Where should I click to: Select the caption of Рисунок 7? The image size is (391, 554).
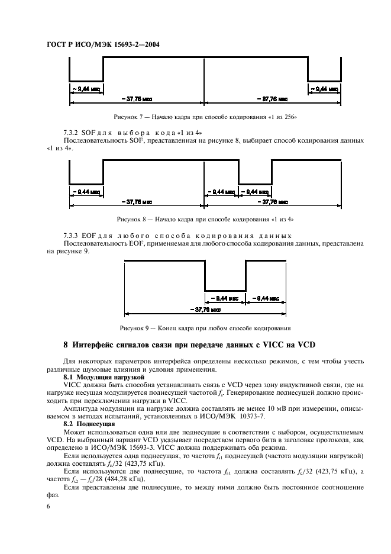click(x=206, y=117)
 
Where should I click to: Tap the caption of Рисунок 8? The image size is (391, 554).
click(x=205, y=219)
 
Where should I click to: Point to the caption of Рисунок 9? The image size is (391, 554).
click(x=205, y=327)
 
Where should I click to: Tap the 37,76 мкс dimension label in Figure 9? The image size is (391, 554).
click(x=206, y=309)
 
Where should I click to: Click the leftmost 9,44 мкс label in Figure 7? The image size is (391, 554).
click(x=86, y=89)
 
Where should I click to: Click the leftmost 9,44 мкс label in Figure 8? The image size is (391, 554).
click(x=86, y=192)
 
